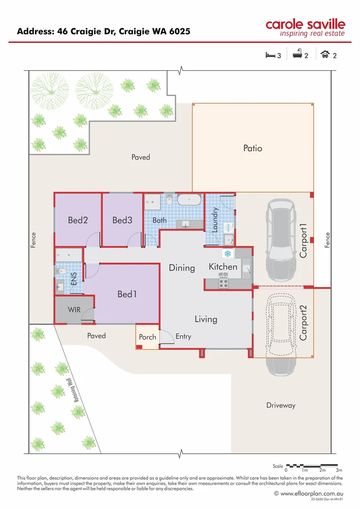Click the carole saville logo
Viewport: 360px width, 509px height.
click(305, 27)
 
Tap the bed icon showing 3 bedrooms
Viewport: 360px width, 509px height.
click(270, 55)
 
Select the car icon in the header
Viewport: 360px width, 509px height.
click(325, 55)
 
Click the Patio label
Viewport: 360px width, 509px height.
click(253, 148)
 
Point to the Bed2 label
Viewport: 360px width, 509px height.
click(78, 220)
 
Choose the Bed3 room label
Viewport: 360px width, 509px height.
click(122, 220)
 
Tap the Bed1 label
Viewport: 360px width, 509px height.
click(127, 294)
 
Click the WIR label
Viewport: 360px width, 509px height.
click(74, 311)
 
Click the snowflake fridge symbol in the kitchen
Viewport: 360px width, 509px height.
click(227, 254)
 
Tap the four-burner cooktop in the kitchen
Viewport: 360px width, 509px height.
click(223, 283)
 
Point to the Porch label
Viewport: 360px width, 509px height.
click(147, 337)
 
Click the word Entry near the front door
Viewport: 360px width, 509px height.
click(183, 337)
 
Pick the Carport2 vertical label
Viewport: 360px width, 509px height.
click(303, 323)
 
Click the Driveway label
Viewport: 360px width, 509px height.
click(280, 405)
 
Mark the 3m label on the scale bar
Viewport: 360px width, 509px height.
click(339, 470)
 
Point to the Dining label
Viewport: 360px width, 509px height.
click(182, 268)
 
